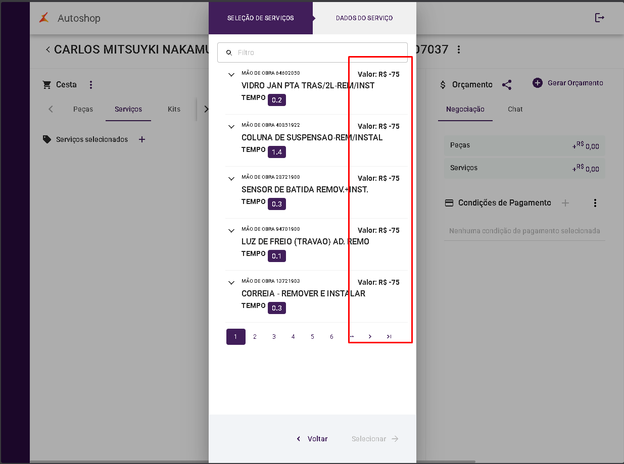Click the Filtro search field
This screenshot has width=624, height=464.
[x=312, y=53]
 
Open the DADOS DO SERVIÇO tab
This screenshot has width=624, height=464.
[x=364, y=18]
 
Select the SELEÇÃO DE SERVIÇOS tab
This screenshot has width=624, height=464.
[x=261, y=18]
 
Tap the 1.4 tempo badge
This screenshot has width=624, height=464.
[x=277, y=152]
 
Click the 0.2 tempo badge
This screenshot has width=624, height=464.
[x=277, y=100]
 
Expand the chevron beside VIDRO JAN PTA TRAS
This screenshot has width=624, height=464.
[x=231, y=75]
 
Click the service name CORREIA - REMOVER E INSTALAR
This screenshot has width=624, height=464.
[x=303, y=293]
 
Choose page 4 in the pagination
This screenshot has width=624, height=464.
[x=293, y=337]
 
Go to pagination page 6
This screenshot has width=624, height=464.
[x=331, y=337]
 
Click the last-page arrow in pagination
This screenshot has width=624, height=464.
[x=389, y=337]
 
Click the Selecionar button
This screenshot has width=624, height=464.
[x=375, y=439]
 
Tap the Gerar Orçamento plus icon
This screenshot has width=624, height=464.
[x=538, y=83]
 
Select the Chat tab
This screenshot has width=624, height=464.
[x=515, y=109]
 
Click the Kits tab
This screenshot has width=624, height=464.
[x=174, y=109]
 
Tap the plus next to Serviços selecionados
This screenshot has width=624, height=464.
[x=142, y=139]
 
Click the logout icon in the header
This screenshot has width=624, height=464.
[x=600, y=18]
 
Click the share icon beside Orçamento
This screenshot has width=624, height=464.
[x=507, y=85]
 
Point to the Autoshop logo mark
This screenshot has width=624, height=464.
[x=44, y=18]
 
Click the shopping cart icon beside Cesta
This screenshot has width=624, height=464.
[x=46, y=85]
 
